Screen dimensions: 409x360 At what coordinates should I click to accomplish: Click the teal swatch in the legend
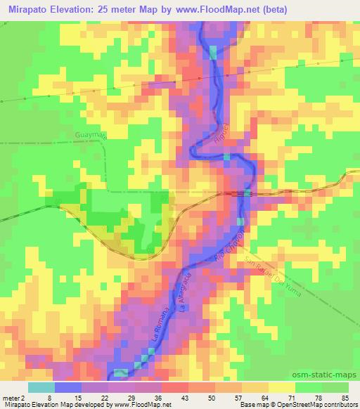(41, 387)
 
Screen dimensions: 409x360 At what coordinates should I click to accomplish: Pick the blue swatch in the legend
(68, 387)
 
